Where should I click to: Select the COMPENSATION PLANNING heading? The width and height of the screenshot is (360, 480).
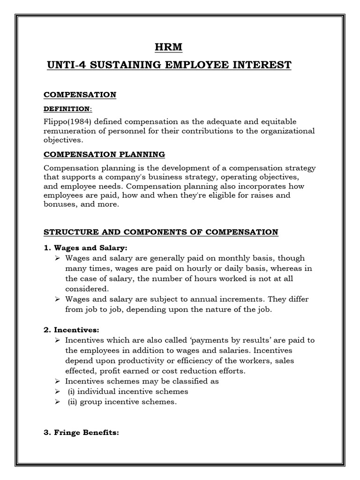(104, 154)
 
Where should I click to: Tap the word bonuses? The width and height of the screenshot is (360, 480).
(60, 204)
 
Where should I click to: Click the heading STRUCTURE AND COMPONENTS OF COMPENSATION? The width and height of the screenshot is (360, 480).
(161, 232)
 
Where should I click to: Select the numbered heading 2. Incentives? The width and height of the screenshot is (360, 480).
(71, 330)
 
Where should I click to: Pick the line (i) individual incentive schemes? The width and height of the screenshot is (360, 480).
(127, 391)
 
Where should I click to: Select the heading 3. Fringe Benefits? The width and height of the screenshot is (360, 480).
(82, 433)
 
